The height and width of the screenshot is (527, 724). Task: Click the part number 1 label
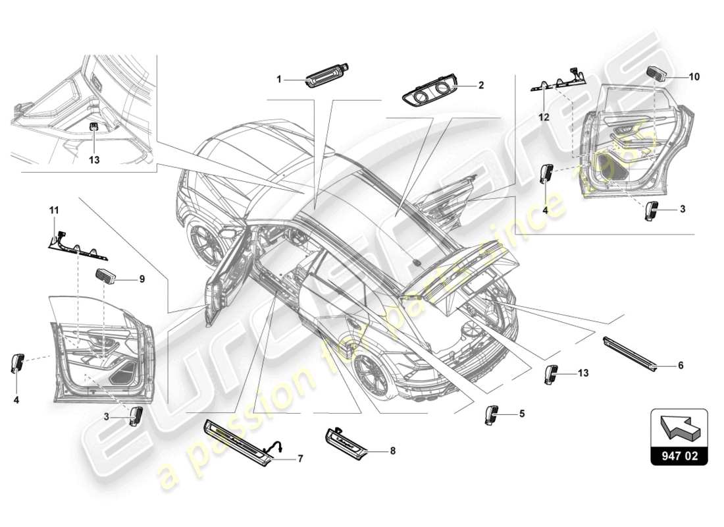[278, 79]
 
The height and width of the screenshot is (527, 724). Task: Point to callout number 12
[544, 117]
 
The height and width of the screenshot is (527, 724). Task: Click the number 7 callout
[300, 458]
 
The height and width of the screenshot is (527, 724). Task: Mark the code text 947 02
[680, 455]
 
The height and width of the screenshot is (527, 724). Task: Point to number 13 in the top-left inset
[94, 140]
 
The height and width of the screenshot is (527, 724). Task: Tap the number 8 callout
[393, 452]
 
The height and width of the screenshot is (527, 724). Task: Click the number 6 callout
[680, 365]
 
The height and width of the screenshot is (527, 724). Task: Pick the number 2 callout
[481, 85]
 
